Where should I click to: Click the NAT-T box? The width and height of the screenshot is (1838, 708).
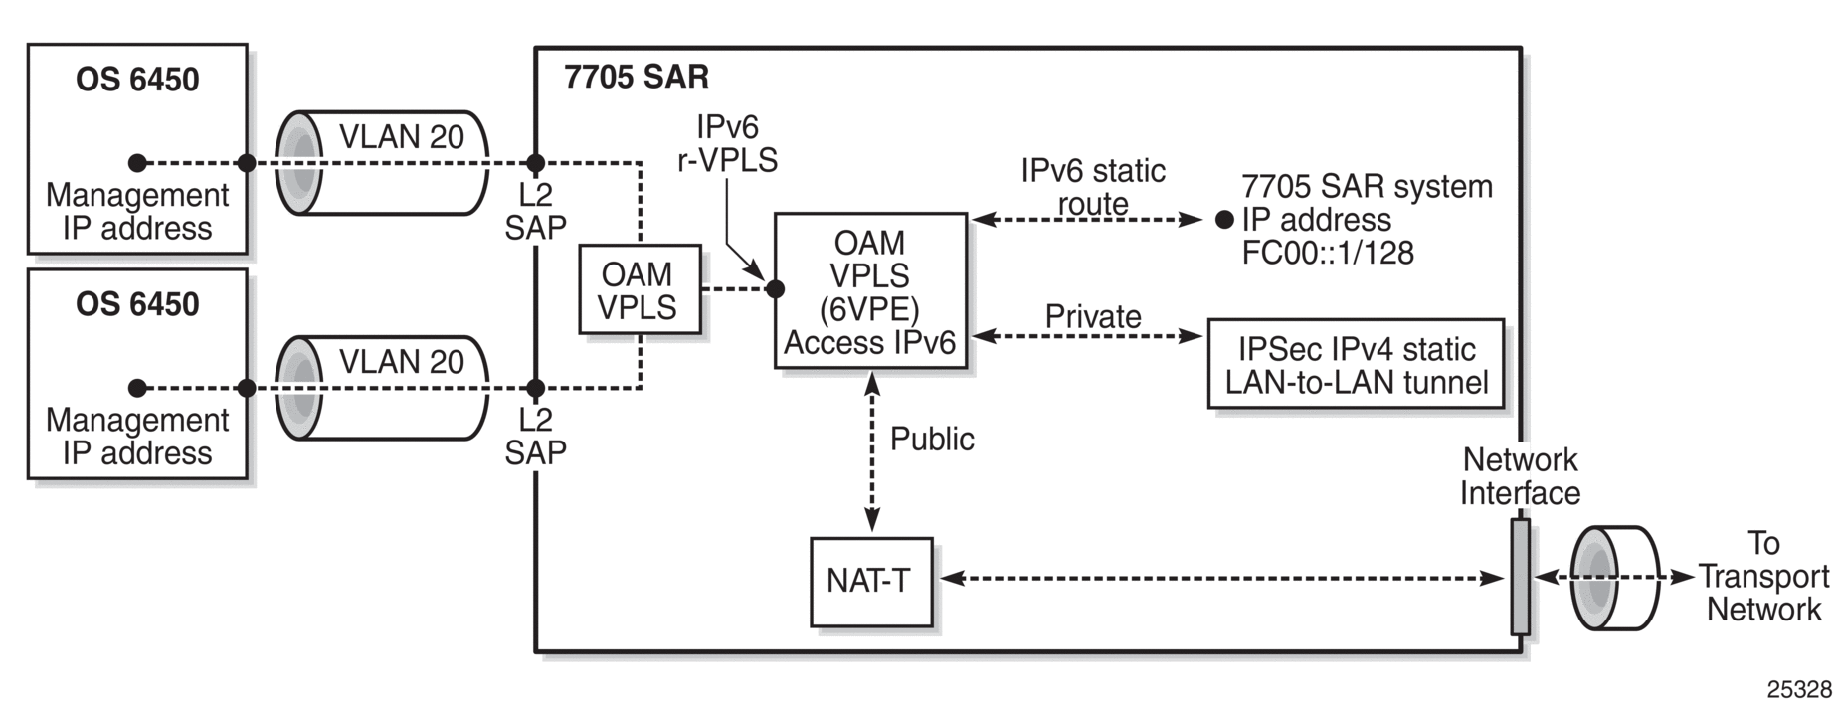click(x=871, y=582)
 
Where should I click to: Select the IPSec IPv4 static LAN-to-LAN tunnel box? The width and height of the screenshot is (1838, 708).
click(x=1356, y=364)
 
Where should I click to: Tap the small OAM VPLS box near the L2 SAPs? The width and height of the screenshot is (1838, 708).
click(x=640, y=289)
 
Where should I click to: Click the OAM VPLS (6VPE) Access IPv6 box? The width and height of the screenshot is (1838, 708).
click(x=870, y=290)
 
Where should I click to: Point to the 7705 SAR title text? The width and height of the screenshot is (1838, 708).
click(x=637, y=77)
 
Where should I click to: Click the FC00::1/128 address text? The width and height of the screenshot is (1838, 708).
click(x=1328, y=253)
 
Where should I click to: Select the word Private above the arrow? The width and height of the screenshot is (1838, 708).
click(x=1093, y=316)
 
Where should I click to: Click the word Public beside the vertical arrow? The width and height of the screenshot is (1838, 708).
click(x=932, y=439)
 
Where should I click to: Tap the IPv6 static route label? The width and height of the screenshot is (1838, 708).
click(x=1093, y=187)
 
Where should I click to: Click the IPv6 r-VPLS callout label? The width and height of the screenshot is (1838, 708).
click(x=727, y=143)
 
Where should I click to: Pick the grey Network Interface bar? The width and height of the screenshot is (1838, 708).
click(x=1520, y=576)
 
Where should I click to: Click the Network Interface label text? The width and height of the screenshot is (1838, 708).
click(x=1520, y=476)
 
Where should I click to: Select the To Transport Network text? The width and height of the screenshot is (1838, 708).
click(x=1763, y=576)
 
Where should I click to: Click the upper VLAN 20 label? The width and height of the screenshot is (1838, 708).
click(x=401, y=136)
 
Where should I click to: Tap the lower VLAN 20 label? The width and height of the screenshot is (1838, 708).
click(x=401, y=361)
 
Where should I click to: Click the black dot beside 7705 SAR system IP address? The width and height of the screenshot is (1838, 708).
click(x=1224, y=220)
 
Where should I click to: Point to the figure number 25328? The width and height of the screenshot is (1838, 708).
click(x=1799, y=690)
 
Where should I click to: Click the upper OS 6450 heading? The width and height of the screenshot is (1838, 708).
click(x=137, y=80)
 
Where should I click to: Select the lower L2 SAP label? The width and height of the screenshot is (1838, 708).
click(x=535, y=436)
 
